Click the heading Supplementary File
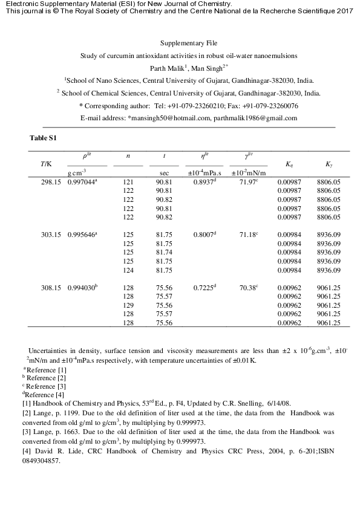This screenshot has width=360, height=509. point(188,43)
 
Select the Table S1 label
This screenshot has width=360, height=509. point(43,138)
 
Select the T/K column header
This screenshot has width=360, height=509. point(46,164)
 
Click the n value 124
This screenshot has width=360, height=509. point(128,270)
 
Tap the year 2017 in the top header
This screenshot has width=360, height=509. point(344,11)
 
